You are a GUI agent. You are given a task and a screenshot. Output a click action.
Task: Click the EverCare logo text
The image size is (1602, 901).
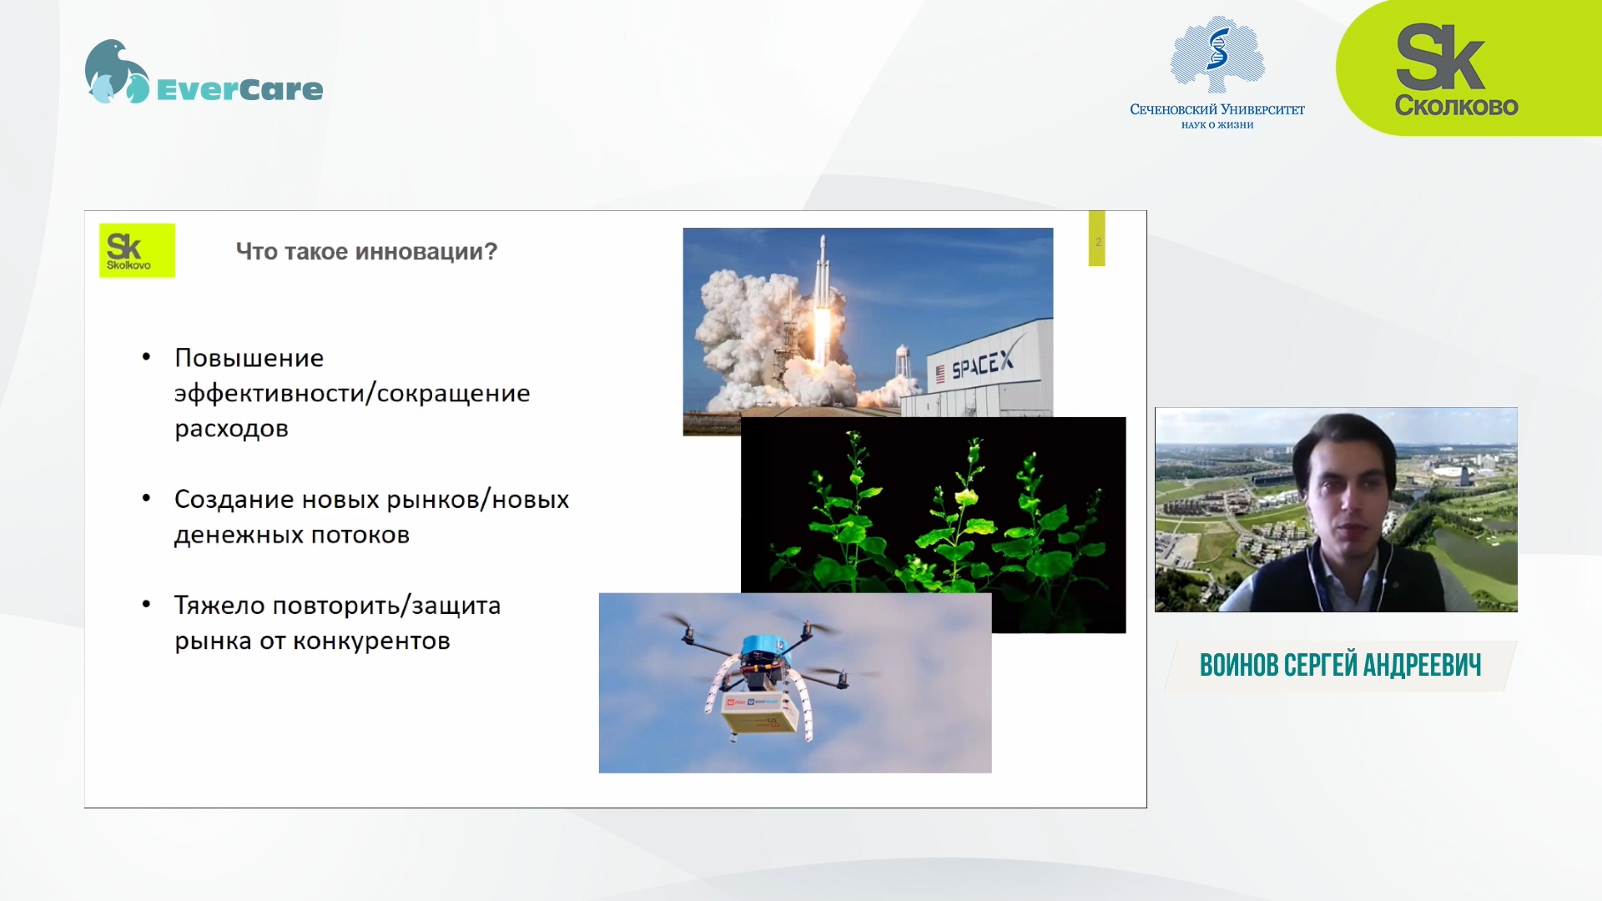pos(239,89)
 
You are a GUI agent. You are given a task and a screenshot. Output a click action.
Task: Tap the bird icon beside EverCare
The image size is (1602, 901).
pos(117,72)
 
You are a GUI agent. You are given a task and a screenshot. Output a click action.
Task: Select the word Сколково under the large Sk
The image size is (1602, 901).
pos(1456,106)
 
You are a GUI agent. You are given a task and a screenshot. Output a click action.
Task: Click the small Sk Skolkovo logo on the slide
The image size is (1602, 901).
pos(137,250)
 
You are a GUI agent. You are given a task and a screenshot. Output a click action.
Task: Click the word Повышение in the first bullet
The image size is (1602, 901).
pos(249,358)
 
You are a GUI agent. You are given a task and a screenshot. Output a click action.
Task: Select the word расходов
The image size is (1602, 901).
pos(231,429)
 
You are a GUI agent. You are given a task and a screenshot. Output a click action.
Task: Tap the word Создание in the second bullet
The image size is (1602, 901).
pos(234,500)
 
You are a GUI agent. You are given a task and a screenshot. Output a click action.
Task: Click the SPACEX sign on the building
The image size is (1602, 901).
pos(983,365)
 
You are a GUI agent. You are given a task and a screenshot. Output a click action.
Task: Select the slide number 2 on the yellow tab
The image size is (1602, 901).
pos(1098,242)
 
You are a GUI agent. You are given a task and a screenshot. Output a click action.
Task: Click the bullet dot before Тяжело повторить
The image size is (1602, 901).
pos(147,604)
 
